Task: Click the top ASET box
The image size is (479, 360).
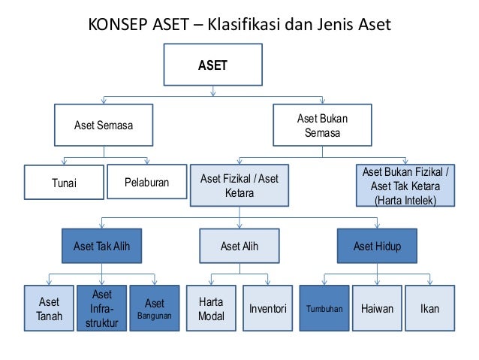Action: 212,65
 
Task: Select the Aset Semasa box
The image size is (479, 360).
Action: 103,125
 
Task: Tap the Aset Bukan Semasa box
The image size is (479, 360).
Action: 322,126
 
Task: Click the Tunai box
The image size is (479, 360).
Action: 64,183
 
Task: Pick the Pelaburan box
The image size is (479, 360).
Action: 146,183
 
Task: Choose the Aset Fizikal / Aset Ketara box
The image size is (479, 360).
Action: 239,185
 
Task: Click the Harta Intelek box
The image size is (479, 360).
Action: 405,186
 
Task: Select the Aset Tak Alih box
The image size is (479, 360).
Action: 101,246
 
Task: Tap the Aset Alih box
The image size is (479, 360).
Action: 239,246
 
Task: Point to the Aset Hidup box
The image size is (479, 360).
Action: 377,246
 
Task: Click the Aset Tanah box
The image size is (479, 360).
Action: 49,309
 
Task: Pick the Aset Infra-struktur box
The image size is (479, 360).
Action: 101,309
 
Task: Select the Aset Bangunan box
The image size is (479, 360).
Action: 154,309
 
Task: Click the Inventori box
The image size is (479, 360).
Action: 267,309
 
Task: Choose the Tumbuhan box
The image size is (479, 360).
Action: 324,309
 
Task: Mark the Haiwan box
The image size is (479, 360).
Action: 377,309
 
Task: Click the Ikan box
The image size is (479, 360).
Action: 430,309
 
